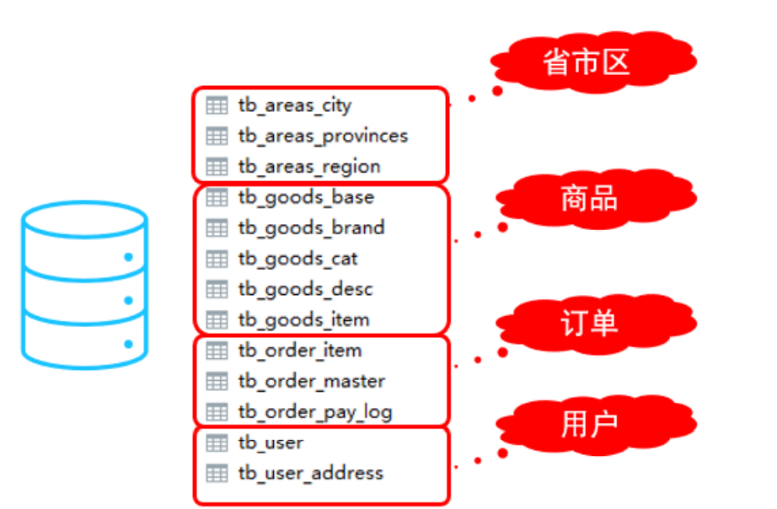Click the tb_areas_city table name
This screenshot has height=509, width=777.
pos(295,105)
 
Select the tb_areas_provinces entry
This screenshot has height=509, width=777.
pos(323,136)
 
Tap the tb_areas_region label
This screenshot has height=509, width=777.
pos(309,166)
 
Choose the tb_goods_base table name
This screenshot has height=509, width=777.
pos(306,197)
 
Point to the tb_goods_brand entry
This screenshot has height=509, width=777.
pos(311,228)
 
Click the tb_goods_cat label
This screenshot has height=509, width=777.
pos(298,259)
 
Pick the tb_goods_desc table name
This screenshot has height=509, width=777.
pos(305,289)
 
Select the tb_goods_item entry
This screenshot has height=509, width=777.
pos(303,320)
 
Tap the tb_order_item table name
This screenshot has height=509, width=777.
pos(300,350)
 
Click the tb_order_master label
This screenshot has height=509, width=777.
pos(312,381)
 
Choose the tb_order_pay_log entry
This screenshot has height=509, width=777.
pos(315,412)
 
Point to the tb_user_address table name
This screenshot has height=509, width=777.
pos(311,473)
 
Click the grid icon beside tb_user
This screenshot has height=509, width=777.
pos(217,442)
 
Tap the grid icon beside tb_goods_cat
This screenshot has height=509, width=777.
pos(217,259)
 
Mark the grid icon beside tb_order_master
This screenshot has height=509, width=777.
pos(217,381)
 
